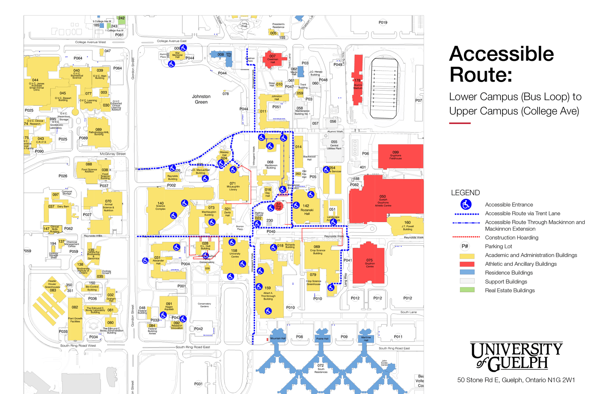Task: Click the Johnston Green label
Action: [201, 99]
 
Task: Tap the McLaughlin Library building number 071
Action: [233, 183]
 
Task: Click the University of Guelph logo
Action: [516, 356]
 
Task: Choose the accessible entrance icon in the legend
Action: [466, 205]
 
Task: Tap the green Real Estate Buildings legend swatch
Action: [467, 290]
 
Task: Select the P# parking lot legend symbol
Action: [465, 246]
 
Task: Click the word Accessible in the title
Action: [501, 54]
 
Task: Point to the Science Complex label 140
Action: [160, 203]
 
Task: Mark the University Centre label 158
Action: [234, 251]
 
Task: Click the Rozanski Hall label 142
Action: [306, 206]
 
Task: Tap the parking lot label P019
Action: [383, 23]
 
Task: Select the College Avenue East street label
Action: [172, 41]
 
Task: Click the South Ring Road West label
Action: [78, 346]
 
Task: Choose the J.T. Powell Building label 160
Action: [407, 222]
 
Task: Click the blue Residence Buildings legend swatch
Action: [467, 273]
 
